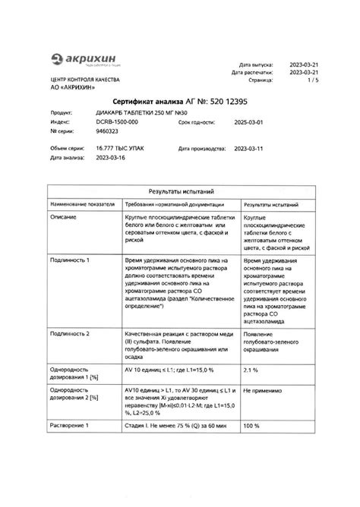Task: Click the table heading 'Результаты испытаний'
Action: tap(180, 193)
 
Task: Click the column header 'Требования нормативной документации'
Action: tap(174, 205)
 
